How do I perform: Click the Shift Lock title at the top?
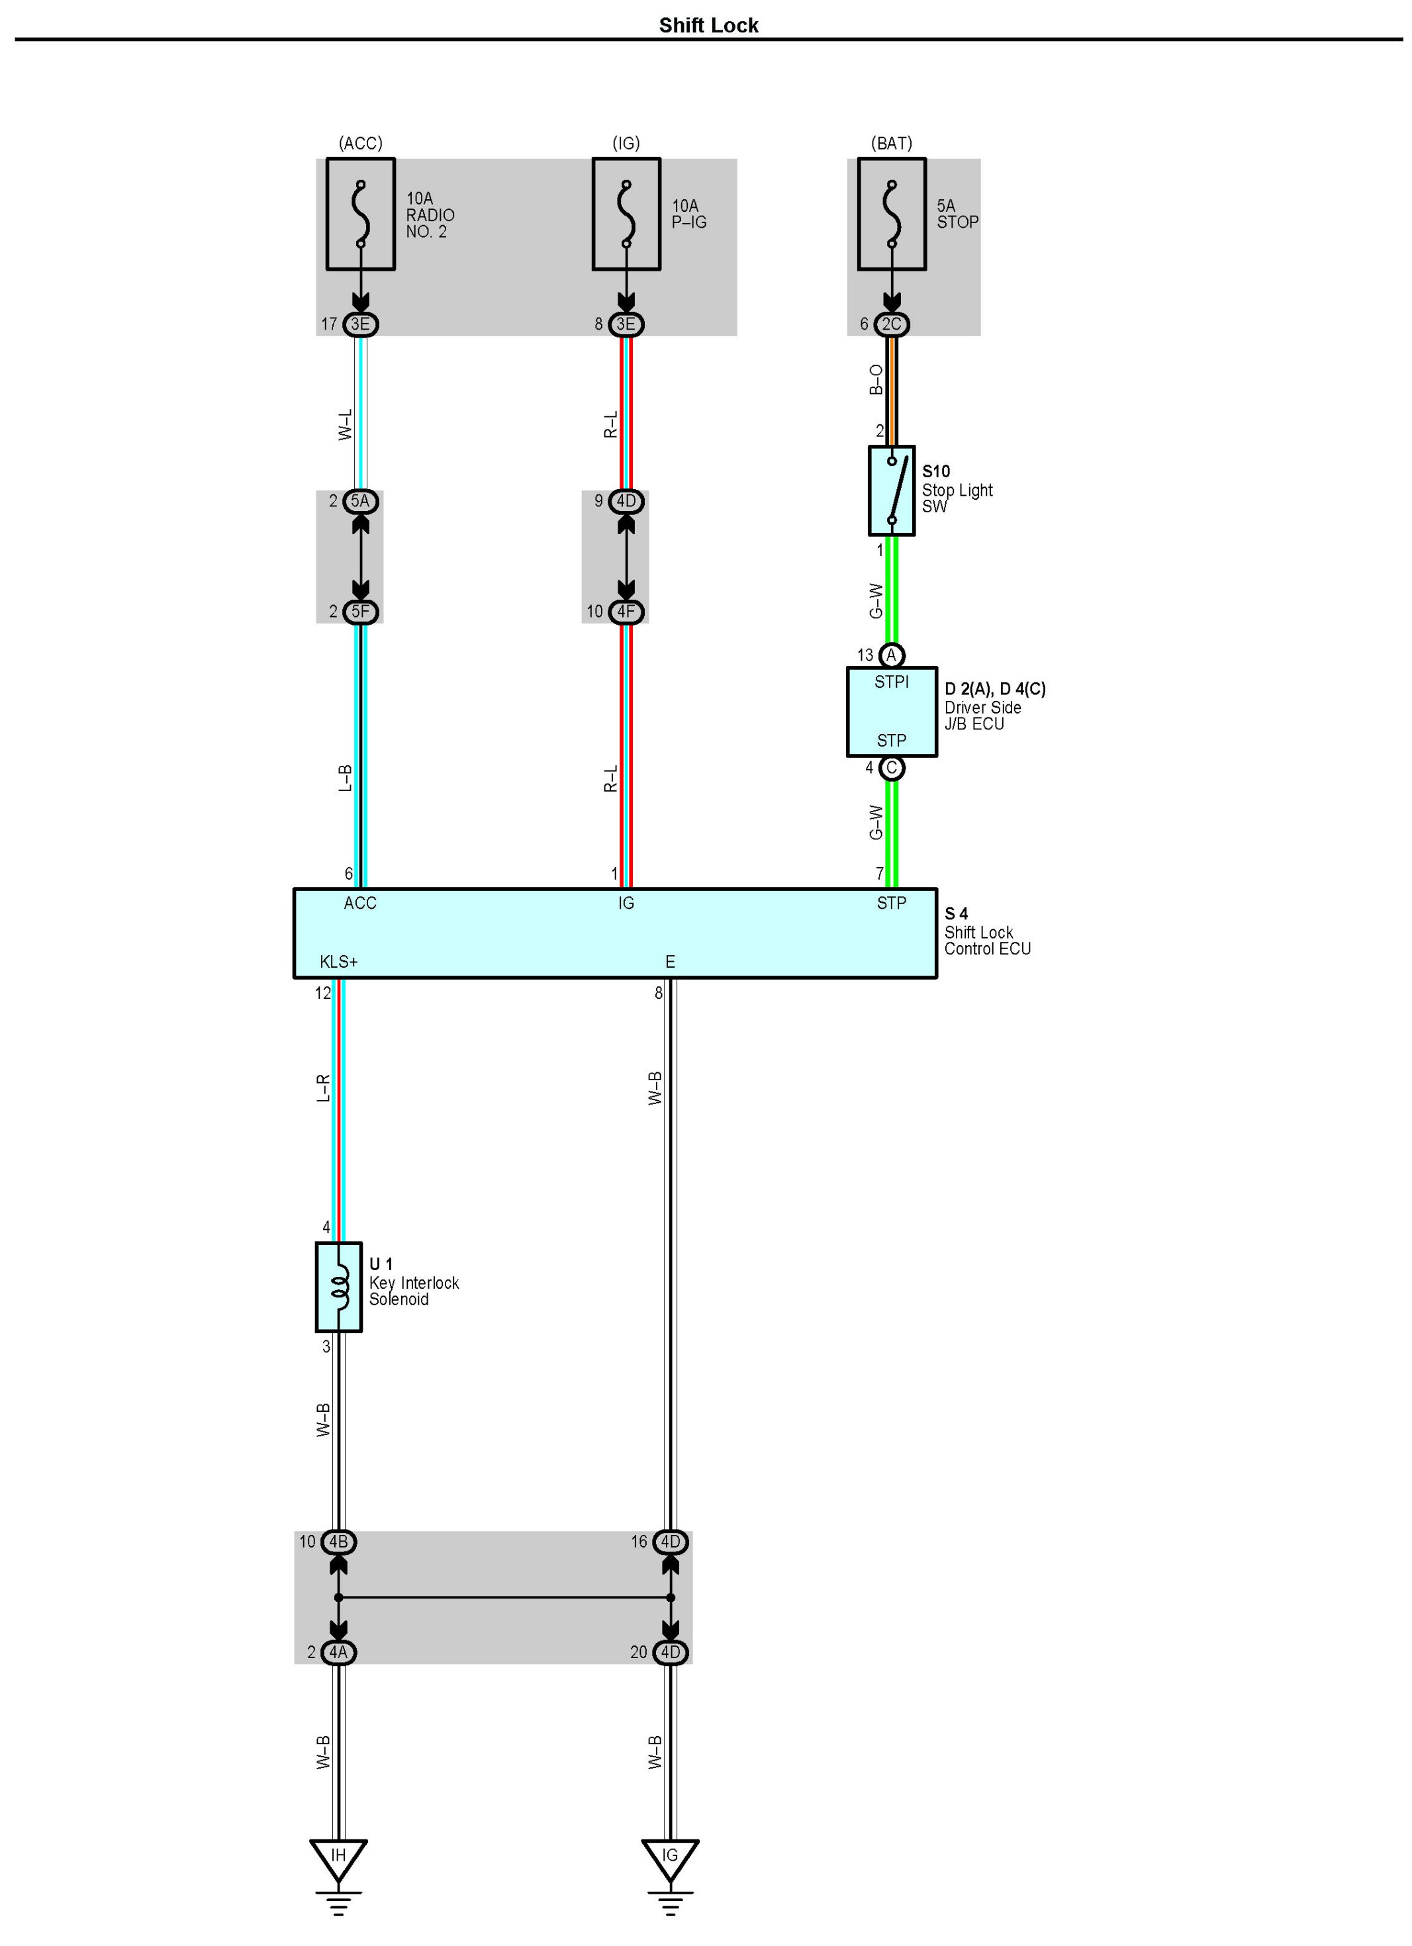708,25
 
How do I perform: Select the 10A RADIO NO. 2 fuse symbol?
361,214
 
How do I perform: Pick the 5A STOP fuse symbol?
891,214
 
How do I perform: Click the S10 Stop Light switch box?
891,490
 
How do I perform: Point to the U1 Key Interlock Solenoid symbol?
339,1286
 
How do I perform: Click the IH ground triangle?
338,1856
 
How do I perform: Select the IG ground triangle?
671,1856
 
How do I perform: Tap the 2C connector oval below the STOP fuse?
892,324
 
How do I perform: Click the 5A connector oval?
361,501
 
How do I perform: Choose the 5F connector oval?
361,612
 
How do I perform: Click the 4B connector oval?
339,1542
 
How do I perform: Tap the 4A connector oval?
339,1651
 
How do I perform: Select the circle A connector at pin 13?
892,655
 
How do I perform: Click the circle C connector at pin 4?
892,768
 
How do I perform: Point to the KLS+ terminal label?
338,962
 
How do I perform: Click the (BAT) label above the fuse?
891,143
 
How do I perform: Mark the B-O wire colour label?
876,379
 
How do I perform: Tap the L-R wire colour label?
324,1088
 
